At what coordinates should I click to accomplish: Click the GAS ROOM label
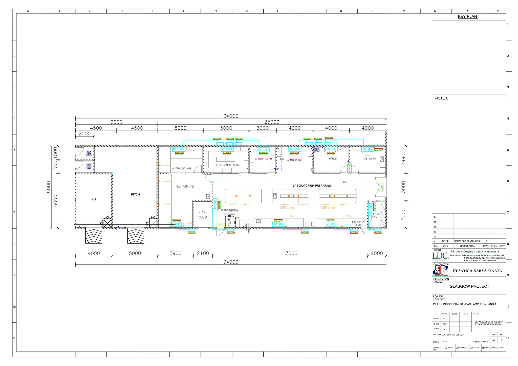coord(202,215)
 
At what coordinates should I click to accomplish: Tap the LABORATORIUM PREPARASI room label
coord(312,186)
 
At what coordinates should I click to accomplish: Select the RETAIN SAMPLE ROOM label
coord(227,165)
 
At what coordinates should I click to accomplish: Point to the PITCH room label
coord(135,194)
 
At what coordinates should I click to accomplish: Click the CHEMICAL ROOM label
coord(263,159)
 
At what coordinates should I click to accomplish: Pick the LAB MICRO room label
coord(369,159)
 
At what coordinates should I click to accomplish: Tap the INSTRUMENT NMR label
coord(182,169)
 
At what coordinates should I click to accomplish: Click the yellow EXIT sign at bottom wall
coord(220,225)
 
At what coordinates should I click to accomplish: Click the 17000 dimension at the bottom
coord(290,253)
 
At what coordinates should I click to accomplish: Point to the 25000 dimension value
coord(272,122)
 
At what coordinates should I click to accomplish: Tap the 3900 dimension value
coord(176,253)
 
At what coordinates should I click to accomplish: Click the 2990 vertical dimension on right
coord(403,159)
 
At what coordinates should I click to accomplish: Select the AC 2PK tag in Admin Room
coord(294,149)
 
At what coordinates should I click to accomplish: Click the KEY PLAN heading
coord(467,17)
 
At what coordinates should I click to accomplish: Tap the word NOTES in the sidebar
coord(441,98)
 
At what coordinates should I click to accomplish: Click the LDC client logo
coord(440,256)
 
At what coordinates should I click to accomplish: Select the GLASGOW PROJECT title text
coord(469,286)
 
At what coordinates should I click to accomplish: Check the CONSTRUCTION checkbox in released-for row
coord(483,348)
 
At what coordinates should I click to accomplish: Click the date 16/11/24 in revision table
coord(445,241)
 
